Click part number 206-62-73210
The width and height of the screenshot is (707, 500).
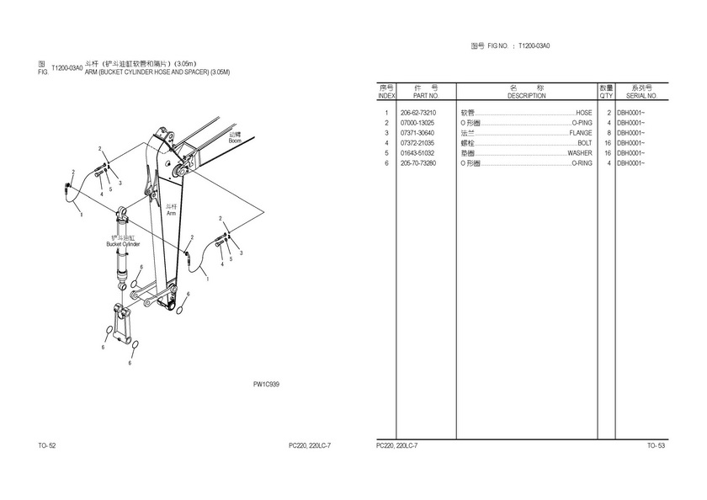[417, 113]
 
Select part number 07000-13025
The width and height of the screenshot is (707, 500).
[417, 123]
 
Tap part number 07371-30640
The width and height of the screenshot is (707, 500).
[417, 133]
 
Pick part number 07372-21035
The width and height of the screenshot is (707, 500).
[417, 143]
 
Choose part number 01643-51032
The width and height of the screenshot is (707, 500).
[417, 153]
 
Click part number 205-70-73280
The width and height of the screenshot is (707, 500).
[417, 163]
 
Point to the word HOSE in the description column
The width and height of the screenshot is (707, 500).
[583, 113]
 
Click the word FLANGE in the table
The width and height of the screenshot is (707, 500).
[581, 133]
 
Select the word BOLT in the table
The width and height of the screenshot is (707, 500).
[584, 143]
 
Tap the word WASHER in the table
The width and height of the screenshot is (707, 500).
[579, 153]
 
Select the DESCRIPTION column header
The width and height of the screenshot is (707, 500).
[527, 96]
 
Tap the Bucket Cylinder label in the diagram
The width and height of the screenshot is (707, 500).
[123, 244]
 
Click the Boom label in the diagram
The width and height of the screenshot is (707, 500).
[235, 141]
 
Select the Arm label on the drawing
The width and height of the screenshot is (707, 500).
[171, 214]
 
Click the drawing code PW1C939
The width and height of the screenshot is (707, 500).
[266, 384]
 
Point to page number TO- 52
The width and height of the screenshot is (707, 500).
[47, 445]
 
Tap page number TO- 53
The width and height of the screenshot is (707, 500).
[656, 445]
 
